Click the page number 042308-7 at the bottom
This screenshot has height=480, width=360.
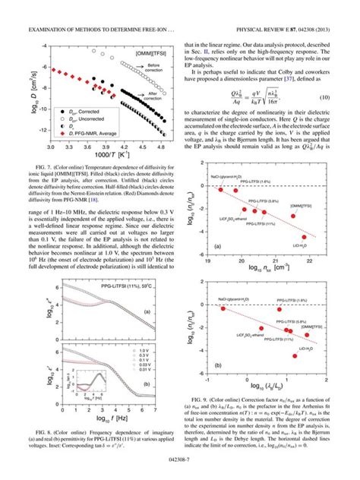tap(179, 471)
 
